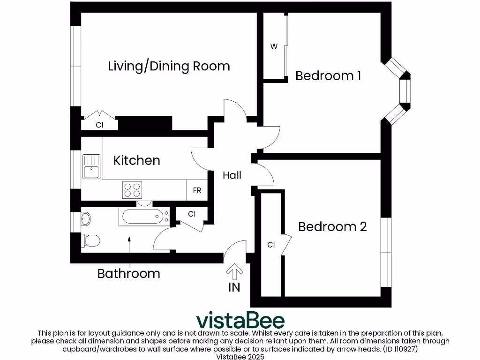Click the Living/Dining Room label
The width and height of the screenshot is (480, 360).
(169, 66)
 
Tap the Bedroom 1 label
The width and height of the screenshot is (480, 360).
(328, 75)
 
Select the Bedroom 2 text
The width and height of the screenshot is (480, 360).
(332, 227)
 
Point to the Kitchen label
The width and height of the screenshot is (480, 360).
(137, 161)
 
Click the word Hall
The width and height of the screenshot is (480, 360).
(232, 175)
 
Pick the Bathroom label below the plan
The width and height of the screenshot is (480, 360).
(128, 273)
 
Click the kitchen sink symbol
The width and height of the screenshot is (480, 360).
(91, 166)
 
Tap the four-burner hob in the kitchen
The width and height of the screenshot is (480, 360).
(132, 190)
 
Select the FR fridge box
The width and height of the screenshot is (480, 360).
(197, 191)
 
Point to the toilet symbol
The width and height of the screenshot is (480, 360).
(90, 240)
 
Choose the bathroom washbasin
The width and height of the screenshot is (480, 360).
(86, 218)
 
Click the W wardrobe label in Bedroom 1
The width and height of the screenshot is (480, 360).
(274, 47)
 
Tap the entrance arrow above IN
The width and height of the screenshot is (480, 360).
(234, 270)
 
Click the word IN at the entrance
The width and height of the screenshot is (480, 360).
(234, 287)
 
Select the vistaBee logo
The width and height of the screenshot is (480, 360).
(240, 321)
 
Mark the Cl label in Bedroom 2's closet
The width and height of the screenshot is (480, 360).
(271, 245)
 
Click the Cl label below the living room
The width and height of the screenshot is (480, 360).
(99, 125)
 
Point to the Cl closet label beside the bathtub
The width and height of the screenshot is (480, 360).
(191, 214)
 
